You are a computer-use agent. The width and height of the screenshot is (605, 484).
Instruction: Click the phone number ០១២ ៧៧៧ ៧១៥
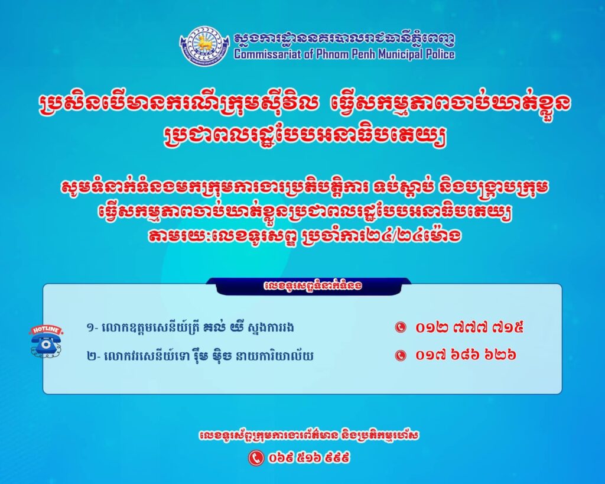[470, 327]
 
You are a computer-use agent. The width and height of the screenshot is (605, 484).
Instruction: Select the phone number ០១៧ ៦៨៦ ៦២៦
[466, 355]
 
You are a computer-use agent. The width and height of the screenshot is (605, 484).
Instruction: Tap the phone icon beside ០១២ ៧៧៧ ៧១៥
[401, 327]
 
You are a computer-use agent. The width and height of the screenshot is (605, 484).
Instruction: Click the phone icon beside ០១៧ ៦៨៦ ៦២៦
[401, 355]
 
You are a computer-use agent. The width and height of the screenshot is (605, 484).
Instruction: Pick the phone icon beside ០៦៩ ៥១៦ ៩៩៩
[255, 458]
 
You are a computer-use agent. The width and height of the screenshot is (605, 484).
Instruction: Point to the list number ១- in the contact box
[92, 329]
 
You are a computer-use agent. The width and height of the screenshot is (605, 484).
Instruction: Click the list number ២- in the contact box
[93, 356]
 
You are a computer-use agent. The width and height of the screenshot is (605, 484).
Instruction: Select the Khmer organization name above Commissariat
[344, 38]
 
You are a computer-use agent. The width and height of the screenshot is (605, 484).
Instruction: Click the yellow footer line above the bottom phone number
[309, 436]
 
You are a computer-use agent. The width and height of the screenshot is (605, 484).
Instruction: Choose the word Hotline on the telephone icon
[46, 330]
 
